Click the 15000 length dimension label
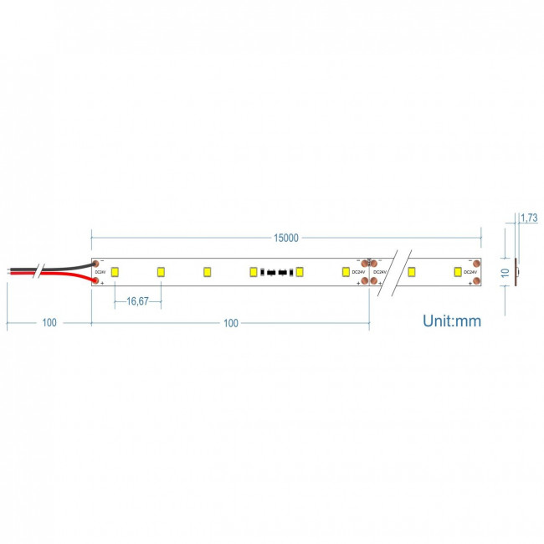286,238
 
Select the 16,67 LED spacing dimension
137,301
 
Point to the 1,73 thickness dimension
529,218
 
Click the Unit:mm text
452,320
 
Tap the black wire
63,266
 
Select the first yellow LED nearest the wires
115,271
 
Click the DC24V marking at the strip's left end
100,272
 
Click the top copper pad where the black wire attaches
97,263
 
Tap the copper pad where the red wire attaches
97,280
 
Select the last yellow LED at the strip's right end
457,271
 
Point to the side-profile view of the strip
516,271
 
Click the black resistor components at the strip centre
276,272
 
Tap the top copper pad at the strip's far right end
476,263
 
